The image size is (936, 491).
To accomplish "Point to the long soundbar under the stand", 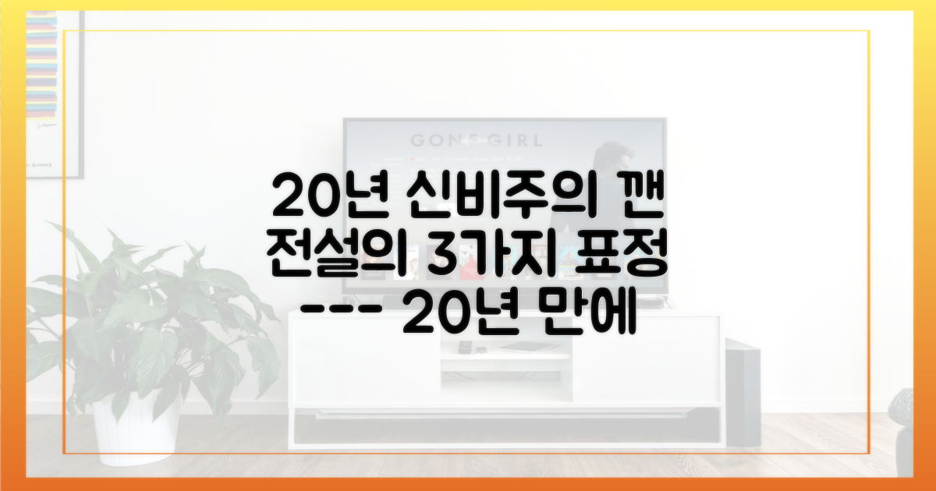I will (507, 427).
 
